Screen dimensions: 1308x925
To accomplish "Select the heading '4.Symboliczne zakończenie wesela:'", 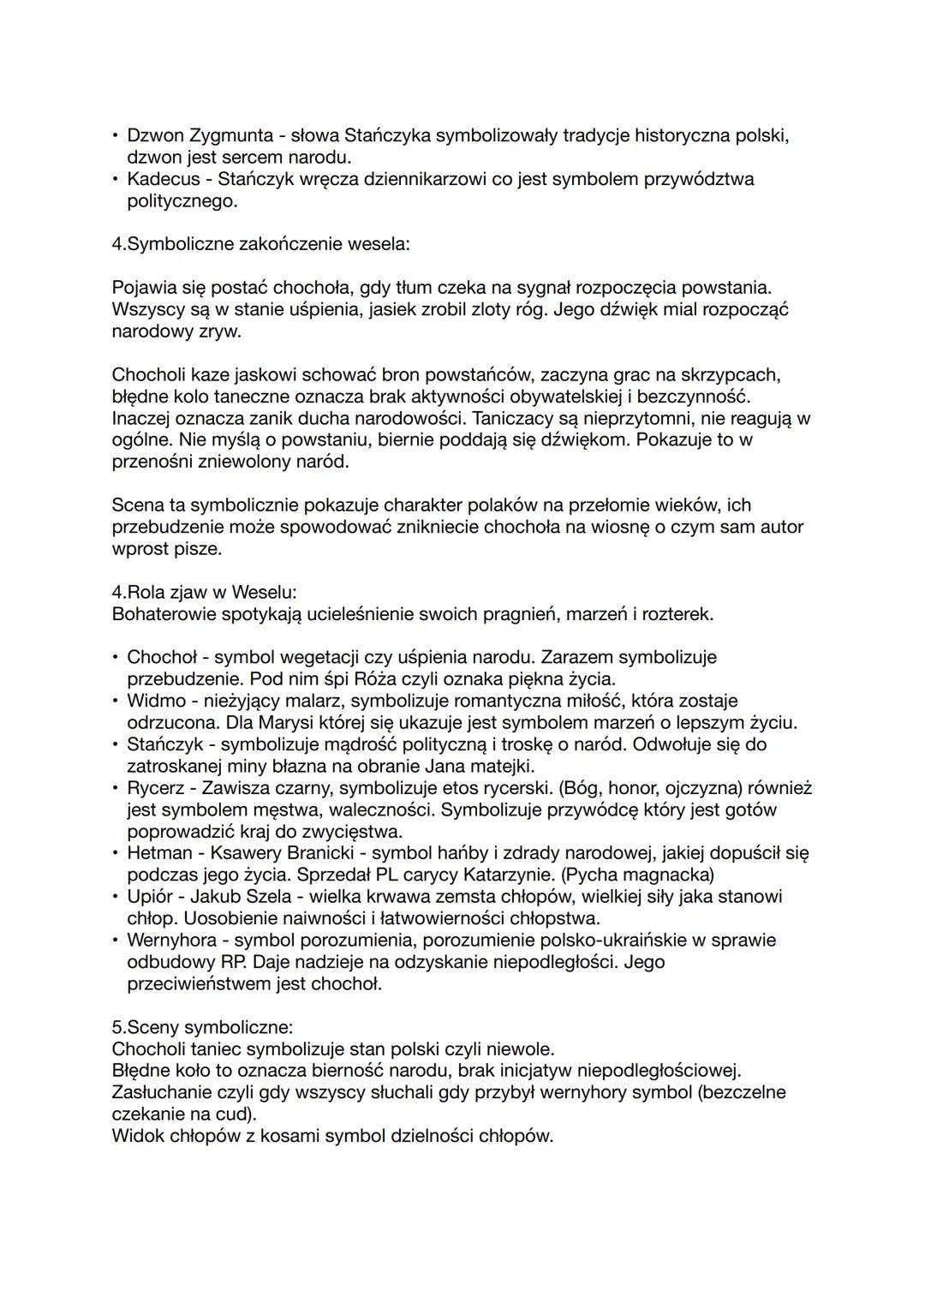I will [260, 244].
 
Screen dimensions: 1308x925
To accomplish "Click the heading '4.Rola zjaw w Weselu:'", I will [204, 592].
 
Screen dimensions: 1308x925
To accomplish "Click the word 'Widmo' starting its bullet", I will [156, 701].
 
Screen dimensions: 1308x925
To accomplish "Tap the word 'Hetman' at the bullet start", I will [159, 853].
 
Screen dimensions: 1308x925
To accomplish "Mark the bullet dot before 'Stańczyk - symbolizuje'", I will [116, 744].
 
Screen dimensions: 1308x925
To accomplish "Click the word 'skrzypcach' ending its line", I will [736, 375].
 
